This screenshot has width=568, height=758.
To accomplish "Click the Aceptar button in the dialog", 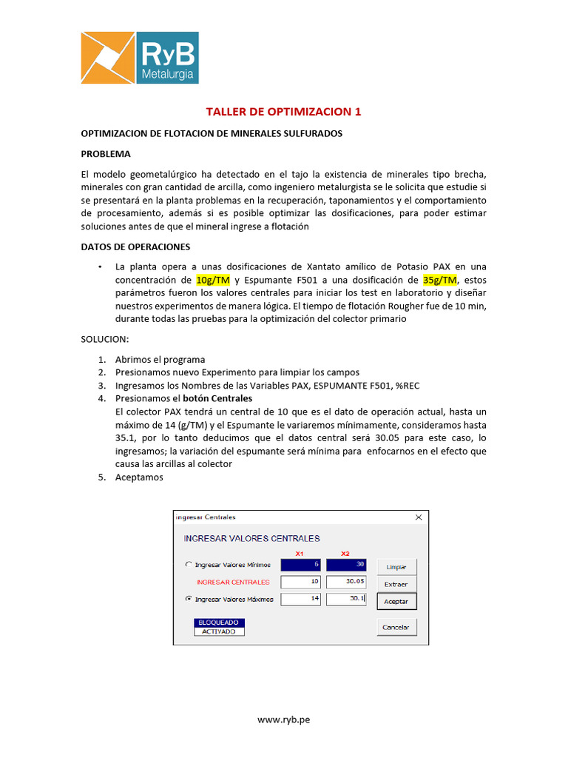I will pos(396,601).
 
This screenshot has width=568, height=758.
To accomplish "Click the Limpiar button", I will pos(396,566).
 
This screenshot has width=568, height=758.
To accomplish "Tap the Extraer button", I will pos(396,584).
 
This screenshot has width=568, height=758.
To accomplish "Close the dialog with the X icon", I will pos(419,517).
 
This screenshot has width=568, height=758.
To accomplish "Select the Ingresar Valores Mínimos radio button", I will pos(188,565).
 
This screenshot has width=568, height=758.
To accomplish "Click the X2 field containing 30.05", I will pos(346,582).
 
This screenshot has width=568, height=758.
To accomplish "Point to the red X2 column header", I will pos(345,553).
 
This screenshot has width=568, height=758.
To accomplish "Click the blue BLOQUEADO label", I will pos(218,623).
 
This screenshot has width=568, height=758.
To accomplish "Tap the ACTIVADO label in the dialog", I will pos(218,631).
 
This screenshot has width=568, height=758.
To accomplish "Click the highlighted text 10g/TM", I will pos(214,279).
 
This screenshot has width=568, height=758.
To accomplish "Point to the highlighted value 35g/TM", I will pos(439,279).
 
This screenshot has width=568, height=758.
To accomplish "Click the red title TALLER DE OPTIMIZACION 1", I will pos(283,112).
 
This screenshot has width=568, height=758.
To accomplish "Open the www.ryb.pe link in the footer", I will pos(283,719).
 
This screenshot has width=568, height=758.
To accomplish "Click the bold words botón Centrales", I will pos(217,398).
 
